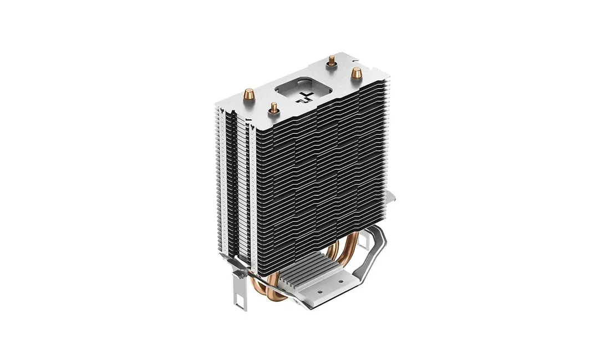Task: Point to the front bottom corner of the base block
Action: click(x=308, y=306)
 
